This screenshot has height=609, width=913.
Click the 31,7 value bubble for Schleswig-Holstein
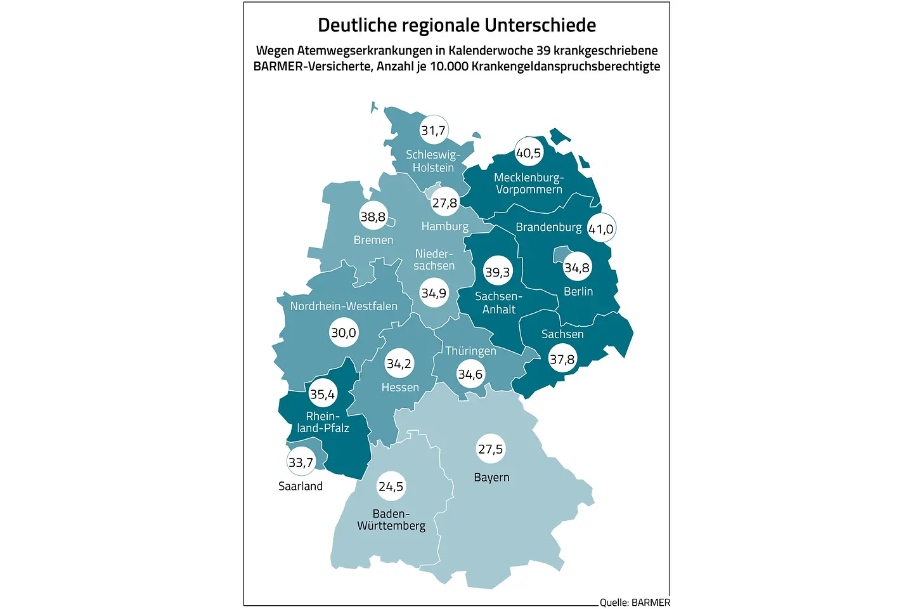pos(434,131)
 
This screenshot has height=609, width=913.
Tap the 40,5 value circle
pos(529,153)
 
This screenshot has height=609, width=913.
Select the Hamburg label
pos(445,226)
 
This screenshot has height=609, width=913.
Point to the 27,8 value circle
pos(444,203)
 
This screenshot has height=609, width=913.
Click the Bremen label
pos(373,240)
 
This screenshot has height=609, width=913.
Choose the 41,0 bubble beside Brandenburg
pos(600,229)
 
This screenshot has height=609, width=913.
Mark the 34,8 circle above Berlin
pos(577,268)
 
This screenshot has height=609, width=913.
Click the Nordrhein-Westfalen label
pos(344,306)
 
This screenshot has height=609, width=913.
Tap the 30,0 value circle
pos(344,332)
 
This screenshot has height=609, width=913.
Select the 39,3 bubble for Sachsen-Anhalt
pos(497,272)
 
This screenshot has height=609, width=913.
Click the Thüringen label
pos(470,351)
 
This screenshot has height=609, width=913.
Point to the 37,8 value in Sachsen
pos(562,360)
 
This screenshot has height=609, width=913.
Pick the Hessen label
pos(400,387)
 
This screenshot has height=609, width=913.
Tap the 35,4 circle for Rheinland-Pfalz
pos(322,395)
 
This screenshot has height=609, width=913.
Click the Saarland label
pos(301,486)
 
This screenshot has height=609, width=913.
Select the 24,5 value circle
pos(391,487)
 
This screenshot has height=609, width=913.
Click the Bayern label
pos(491,477)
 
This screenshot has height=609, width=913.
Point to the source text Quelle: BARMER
pos(635,602)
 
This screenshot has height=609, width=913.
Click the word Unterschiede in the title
pos(540,25)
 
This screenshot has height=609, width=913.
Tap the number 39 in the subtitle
pos(543,50)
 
